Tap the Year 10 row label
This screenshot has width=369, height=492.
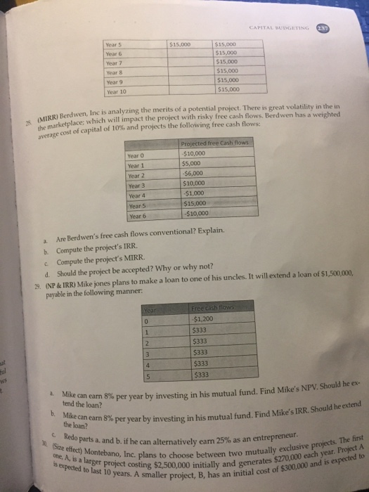(x=117, y=91)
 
